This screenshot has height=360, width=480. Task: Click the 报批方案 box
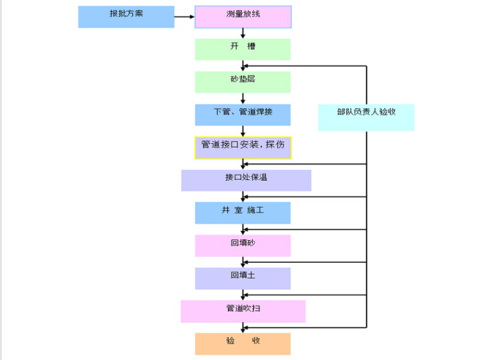pyautogui.click(x=126, y=16)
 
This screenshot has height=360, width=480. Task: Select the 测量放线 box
pyautogui.click(x=243, y=17)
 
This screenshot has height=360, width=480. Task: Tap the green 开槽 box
pyautogui.click(x=243, y=49)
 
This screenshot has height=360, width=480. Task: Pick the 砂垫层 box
pyautogui.click(x=243, y=82)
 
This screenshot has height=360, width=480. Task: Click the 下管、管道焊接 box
pyautogui.click(x=243, y=115)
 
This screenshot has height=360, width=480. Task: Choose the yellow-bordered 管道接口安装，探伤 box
pyautogui.click(x=243, y=148)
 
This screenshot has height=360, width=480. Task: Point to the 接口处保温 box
pyautogui.click(x=246, y=180)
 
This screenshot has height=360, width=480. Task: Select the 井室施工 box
pyautogui.click(x=243, y=213)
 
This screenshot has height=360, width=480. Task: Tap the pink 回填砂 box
pyautogui.click(x=243, y=246)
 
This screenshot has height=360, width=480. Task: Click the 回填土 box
pyautogui.click(x=243, y=279)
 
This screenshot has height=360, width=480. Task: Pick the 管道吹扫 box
pyautogui.click(x=243, y=311)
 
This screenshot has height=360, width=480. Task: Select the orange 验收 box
pyautogui.click(x=243, y=344)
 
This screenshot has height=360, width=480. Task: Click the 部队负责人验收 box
pyautogui.click(x=366, y=117)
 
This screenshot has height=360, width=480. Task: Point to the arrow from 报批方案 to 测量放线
pyautogui.click(x=184, y=17)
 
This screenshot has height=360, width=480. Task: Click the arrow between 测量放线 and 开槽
pyautogui.click(x=243, y=33)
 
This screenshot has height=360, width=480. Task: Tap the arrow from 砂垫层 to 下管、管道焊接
pyautogui.click(x=243, y=99)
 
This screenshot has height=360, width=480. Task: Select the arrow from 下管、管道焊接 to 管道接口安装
pyautogui.click(x=243, y=131)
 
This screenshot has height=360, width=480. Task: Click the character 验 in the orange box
pyautogui.click(x=231, y=341)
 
